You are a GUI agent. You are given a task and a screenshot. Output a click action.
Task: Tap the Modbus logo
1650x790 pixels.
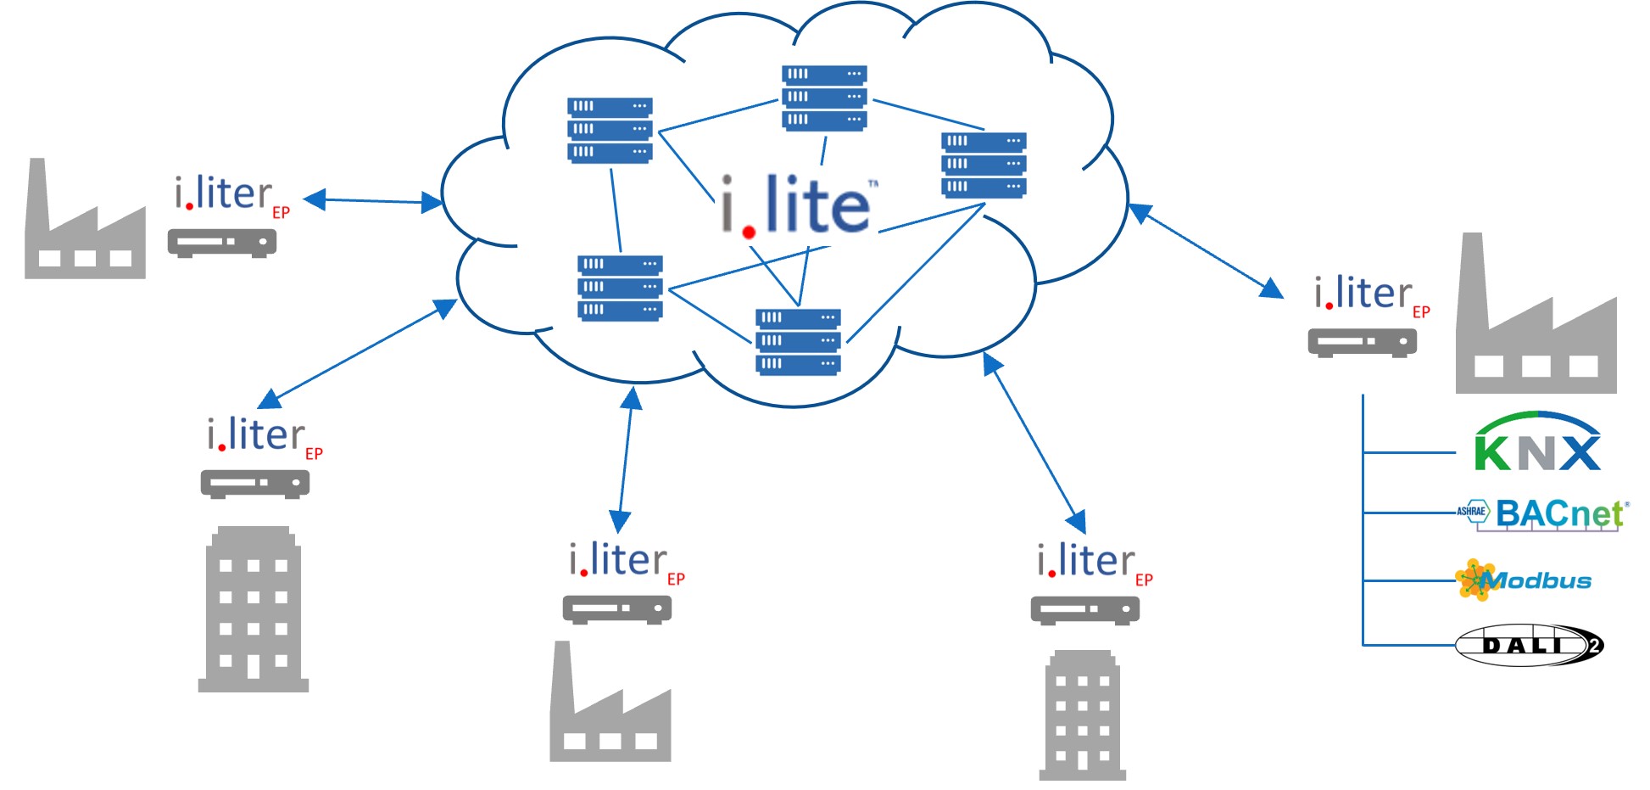[1524, 580]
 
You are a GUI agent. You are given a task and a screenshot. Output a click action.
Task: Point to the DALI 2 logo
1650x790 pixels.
[1529, 645]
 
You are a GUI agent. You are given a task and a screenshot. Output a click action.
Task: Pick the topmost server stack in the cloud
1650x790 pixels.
[824, 97]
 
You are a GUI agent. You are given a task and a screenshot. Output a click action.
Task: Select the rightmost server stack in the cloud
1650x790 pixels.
[984, 164]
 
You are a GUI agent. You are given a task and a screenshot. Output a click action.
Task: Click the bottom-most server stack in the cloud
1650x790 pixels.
[798, 341]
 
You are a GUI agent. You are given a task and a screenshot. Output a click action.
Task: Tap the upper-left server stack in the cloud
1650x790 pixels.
[610, 129]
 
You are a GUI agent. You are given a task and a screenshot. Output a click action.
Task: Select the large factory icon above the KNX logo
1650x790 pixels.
[1535, 321]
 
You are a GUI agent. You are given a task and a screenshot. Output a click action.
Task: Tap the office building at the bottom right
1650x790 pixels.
[1083, 715]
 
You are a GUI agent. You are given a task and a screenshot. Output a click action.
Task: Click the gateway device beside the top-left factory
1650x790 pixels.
[222, 243]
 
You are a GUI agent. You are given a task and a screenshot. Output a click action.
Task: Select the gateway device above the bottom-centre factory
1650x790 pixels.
[617, 609]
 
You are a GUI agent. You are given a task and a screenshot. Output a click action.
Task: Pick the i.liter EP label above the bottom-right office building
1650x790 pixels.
[1094, 563]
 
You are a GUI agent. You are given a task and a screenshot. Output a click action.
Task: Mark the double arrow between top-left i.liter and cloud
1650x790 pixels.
[373, 201]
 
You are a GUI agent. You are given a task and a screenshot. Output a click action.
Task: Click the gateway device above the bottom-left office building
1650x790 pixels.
[255, 484]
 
